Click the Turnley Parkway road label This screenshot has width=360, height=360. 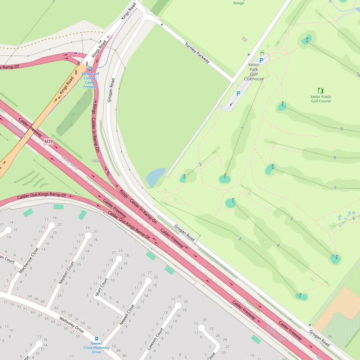click(197, 53)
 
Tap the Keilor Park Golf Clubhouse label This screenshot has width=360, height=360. click(254, 72)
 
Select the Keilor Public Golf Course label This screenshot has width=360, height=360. click(321, 99)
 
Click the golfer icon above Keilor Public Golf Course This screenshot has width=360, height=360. click(321, 90)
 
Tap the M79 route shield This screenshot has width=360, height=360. click(49, 141)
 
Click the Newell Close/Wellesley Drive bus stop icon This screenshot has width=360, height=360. click(96, 339)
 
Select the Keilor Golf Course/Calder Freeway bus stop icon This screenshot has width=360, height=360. click(90, 68)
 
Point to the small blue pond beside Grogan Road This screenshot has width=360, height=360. click(156, 177)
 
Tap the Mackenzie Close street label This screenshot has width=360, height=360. click(29, 260)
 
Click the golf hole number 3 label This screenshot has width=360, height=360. click(239, 238)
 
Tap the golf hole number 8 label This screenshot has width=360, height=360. click(335, 157)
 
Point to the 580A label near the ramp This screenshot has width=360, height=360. click(96, 161)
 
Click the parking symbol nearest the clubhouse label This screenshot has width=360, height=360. click(261, 60)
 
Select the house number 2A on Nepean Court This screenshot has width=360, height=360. click(60, 295)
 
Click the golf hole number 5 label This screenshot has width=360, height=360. click(292, 219)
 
